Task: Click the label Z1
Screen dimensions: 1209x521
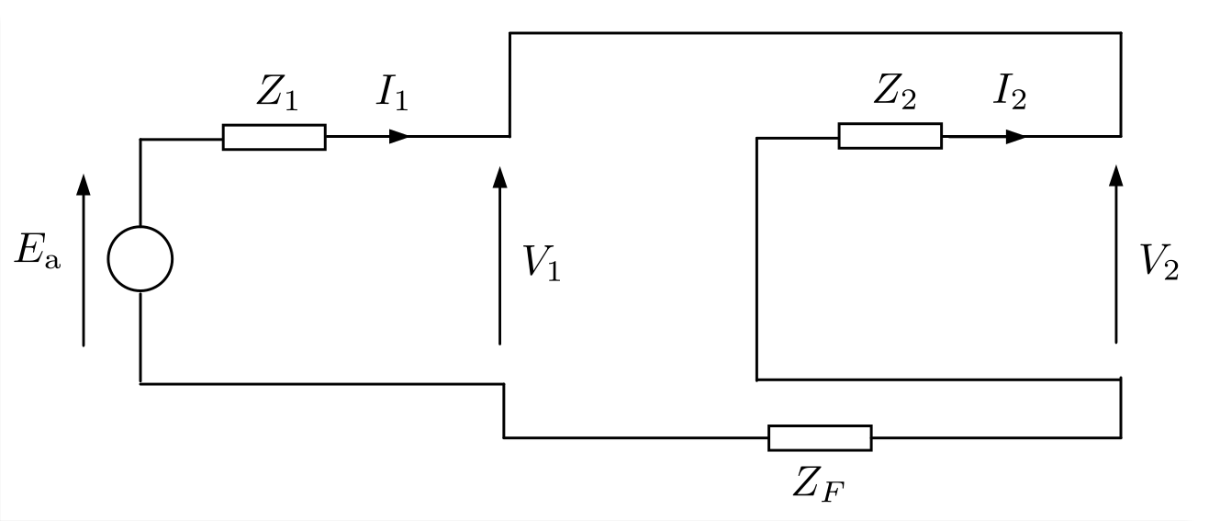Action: click(277, 92)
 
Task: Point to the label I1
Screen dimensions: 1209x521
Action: click(392, 92)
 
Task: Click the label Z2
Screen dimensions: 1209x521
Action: click(894, 91)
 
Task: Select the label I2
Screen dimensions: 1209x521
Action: click(1010, 91)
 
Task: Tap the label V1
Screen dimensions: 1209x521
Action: click(543, 263)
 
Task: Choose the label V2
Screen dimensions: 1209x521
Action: click(1159, 262)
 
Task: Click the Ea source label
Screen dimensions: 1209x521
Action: click(38, 251)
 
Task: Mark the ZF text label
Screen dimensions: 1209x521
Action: click(818, 483)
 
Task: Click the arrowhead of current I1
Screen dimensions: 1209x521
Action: click(399, 137)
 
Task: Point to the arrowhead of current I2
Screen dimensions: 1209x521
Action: click(1016, 137)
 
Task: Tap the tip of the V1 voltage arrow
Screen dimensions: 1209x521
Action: click(499, 166)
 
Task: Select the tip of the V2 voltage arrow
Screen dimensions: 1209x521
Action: click(1116, 165)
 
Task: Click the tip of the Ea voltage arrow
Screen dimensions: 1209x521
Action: click(84, 174)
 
